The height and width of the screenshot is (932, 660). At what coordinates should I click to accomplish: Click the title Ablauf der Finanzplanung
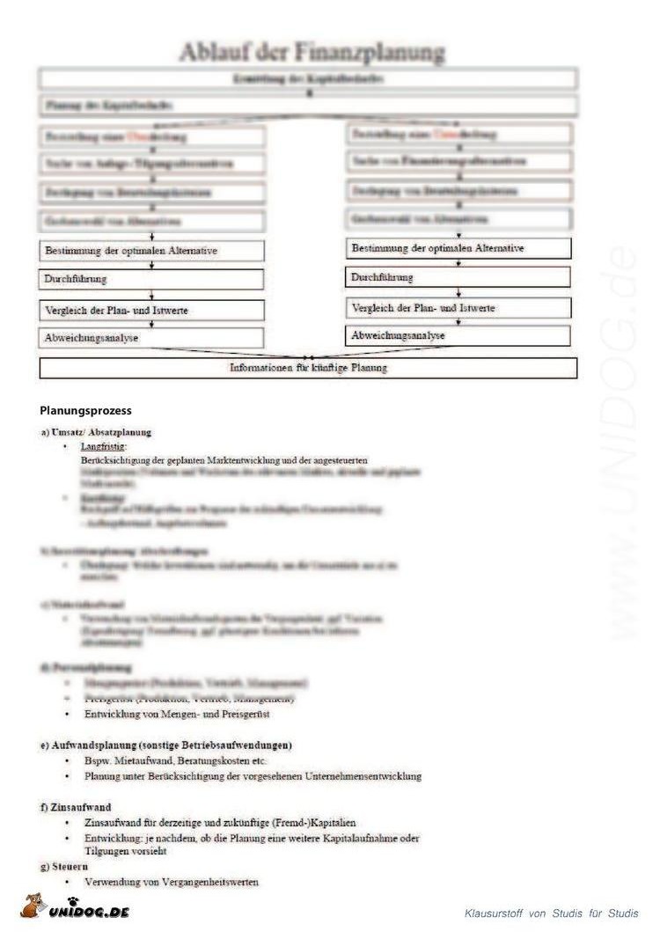click(x=312, y=53)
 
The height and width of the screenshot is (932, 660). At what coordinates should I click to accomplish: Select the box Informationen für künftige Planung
click(x=308, y=368)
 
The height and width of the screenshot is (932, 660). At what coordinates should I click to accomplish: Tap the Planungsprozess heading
click(x=85, y=410)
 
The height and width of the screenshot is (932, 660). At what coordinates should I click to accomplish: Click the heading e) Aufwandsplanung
click(x=166, y=745)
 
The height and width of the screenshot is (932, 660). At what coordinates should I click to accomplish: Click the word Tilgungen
click(x=107, y=852)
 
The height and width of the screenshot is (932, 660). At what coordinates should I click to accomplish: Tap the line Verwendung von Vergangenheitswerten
click(x=172, y=882)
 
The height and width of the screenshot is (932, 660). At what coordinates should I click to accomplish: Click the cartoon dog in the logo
click(x=33, y=907)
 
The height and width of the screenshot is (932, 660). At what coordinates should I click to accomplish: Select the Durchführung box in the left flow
click(x=152, y=280)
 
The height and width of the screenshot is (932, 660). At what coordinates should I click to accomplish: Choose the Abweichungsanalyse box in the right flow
click(x=458, y=336)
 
